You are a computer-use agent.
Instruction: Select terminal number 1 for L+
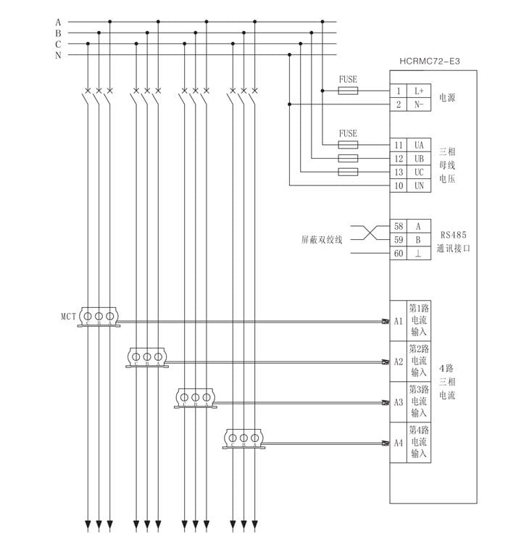[399, 91]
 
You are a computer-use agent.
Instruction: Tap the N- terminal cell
[419, 105]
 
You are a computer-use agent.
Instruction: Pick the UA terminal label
[419, 145]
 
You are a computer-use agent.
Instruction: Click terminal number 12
[399, 159]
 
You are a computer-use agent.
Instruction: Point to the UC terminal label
[419, 172]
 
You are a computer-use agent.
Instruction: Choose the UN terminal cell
[419, 186]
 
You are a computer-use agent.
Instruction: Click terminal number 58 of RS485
[399, 226]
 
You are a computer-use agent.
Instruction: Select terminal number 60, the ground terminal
[399, 254]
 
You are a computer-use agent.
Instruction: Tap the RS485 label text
[454, 235]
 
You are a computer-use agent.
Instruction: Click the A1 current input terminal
[399, 320]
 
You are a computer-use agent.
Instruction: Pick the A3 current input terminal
[399, 401]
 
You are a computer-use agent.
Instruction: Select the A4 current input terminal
[399, 441]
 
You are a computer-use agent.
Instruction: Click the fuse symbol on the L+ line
[348, 91]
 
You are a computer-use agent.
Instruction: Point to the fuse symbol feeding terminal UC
[348, 172]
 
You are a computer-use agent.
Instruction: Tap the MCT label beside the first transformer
[69, 317]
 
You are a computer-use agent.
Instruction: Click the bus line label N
[58, 56]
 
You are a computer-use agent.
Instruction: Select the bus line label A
[58, 22]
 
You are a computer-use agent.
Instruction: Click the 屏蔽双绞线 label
[322, 239]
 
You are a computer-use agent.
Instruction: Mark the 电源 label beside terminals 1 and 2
[448, 98]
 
